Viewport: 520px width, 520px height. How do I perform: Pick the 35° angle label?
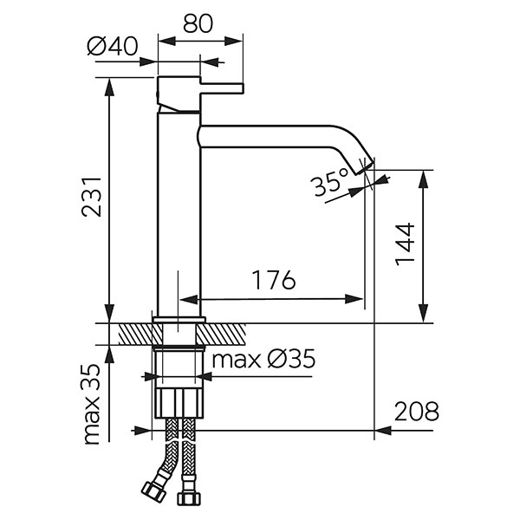point(330,184)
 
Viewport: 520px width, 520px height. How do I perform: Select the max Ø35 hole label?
point(263,359)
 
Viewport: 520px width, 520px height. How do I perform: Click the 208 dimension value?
point(415,410)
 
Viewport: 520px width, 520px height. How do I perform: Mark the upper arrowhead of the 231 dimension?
point(110,83)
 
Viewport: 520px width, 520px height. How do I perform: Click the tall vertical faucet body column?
point(178,217)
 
